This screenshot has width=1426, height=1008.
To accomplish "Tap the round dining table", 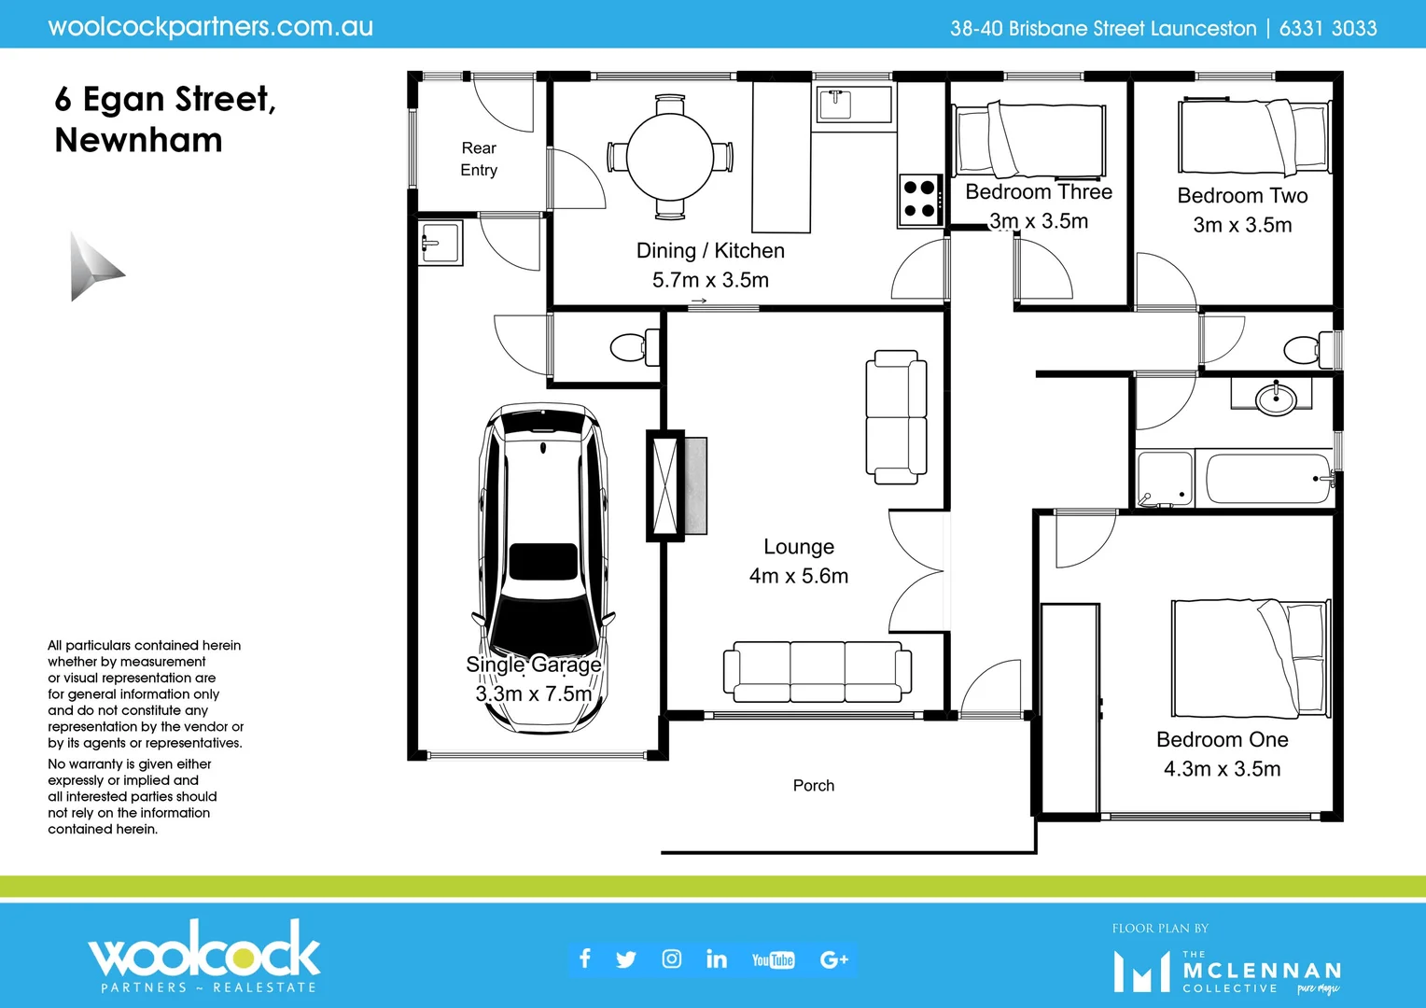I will click(669, 157).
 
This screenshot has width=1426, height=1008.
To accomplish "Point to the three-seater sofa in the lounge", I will click(817, 671).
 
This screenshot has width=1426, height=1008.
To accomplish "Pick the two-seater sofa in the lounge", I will click(896, 416).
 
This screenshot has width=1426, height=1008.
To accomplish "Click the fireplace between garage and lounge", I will click(666, 485).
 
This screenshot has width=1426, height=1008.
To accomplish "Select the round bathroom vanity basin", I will click(1275, 399).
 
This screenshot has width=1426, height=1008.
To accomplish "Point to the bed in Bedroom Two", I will click(1252, 137).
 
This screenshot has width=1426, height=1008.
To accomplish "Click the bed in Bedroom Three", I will click(1028, 140).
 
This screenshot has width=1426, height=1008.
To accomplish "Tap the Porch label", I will click(813, 786).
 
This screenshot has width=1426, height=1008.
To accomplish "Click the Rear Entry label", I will click(479, 160).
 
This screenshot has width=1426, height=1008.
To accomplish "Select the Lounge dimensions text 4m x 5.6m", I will click(799, 576).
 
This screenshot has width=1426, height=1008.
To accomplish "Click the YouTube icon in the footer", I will click(773, 959).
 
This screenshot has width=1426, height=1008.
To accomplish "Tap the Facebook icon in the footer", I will click(585, 959).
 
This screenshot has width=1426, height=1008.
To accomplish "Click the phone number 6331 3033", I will click(1327, 28).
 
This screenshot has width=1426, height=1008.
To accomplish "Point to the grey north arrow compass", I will click(93, 268).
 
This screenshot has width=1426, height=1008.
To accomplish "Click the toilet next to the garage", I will click(635, 348).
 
